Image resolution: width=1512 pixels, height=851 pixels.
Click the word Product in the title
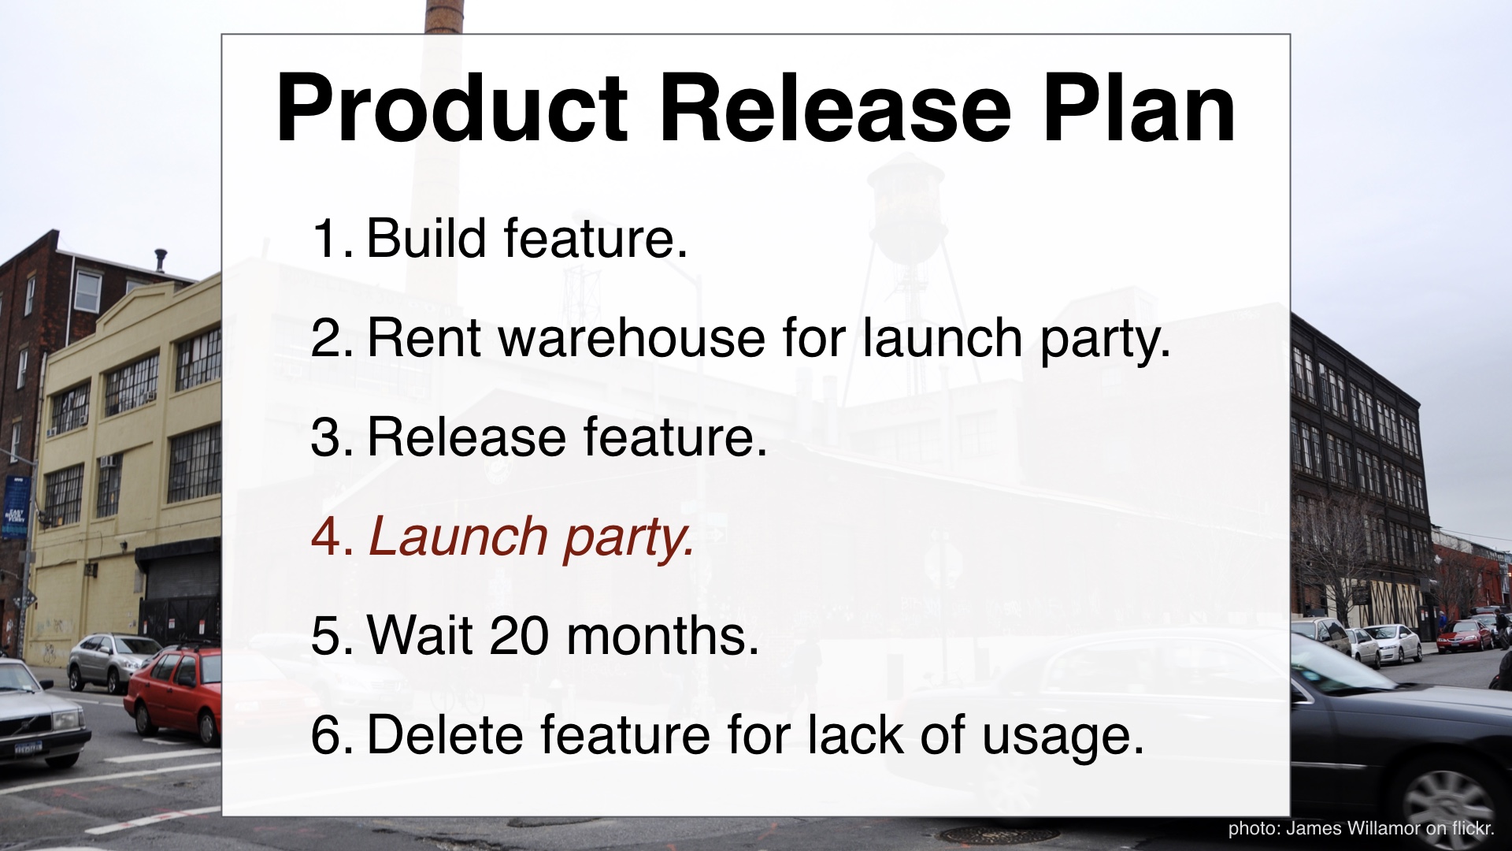[x=452, y=108]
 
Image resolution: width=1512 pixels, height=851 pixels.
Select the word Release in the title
[x=835, y=108]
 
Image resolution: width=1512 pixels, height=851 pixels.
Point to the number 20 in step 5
[x=519, y=635]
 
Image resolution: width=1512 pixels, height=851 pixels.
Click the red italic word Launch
[x=458, y=537]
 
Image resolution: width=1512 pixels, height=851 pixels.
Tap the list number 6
[x=327, y=735]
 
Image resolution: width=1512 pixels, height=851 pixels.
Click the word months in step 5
[x=655, y=635]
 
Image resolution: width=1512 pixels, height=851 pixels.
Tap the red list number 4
[x=327, y=537]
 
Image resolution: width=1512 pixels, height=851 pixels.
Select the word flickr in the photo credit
[x=1470, y=828]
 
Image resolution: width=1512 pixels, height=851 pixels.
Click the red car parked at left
[x=173, y=692]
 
